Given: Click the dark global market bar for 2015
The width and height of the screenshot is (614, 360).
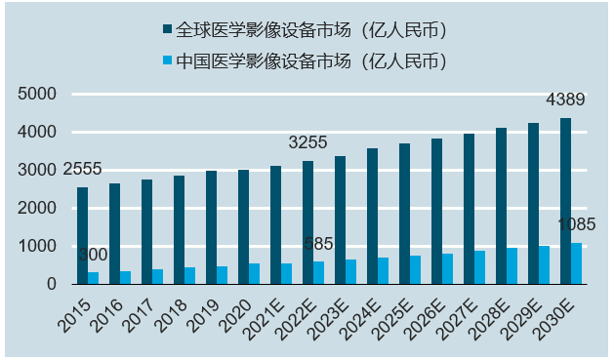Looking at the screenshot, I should tap(83, 235).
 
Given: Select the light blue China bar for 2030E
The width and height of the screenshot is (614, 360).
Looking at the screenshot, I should tap(576, 263).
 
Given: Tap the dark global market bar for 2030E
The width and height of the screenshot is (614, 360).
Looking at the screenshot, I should tap(565, 201).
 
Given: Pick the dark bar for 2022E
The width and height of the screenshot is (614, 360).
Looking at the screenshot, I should tap(307, 222).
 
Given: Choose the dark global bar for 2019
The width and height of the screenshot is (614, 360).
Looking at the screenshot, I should tap(211, 227).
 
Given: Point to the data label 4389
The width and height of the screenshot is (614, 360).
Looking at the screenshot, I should tap(565, 100).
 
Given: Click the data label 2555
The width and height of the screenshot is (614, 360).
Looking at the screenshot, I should tap(82, 169).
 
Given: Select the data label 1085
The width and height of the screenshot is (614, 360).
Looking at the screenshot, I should tap(576, 224).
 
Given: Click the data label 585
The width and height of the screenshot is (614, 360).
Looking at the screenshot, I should tap(320, 243).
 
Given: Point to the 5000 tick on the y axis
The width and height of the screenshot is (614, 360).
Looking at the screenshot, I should tap(38, 94).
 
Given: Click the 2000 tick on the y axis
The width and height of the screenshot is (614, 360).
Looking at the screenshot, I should tap(38, 208).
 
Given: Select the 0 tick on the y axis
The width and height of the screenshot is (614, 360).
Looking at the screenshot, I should tap(51, 284).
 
